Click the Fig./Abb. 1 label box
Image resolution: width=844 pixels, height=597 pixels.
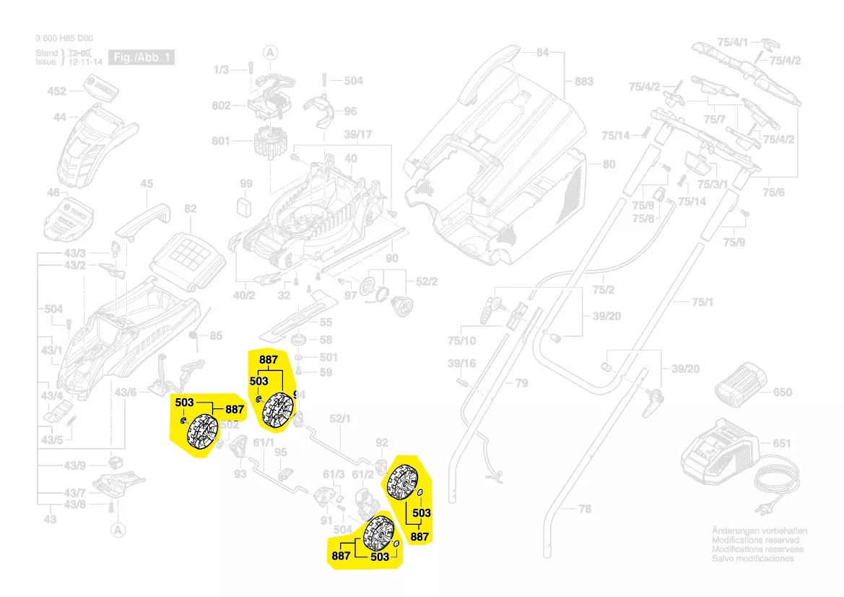pyautogui.click(x=141, y=57)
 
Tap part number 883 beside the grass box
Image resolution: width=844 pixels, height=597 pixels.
pyautogui.click(x=583, y=81)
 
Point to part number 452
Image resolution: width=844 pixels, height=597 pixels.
pyautogui.click(x=56, y=91)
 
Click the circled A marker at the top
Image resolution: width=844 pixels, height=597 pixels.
pyautogui.click(x=270, y=52)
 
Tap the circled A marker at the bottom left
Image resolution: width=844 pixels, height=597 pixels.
pyautogui.click(x=115, y=530)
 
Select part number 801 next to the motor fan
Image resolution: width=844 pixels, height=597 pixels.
pyautogui.click(x=221, y=141)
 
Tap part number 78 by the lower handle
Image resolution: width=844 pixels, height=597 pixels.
pyautogui.click(x=585, y=510)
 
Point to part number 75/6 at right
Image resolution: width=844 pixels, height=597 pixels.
pyautogui.click(x=774, y=192)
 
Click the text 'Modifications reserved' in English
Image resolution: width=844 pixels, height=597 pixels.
pyautogui.click(x=755, y=540)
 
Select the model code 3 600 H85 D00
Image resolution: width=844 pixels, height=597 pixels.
pyautogui.click(x=64, y=39)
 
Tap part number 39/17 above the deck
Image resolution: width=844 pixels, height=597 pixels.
pyautogui.click(x=357, y=135)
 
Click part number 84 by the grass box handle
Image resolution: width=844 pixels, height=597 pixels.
pyautogui.click(x=542, y=53)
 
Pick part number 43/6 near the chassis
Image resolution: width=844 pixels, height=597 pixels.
pyautogui.click(x=125, y=392)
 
